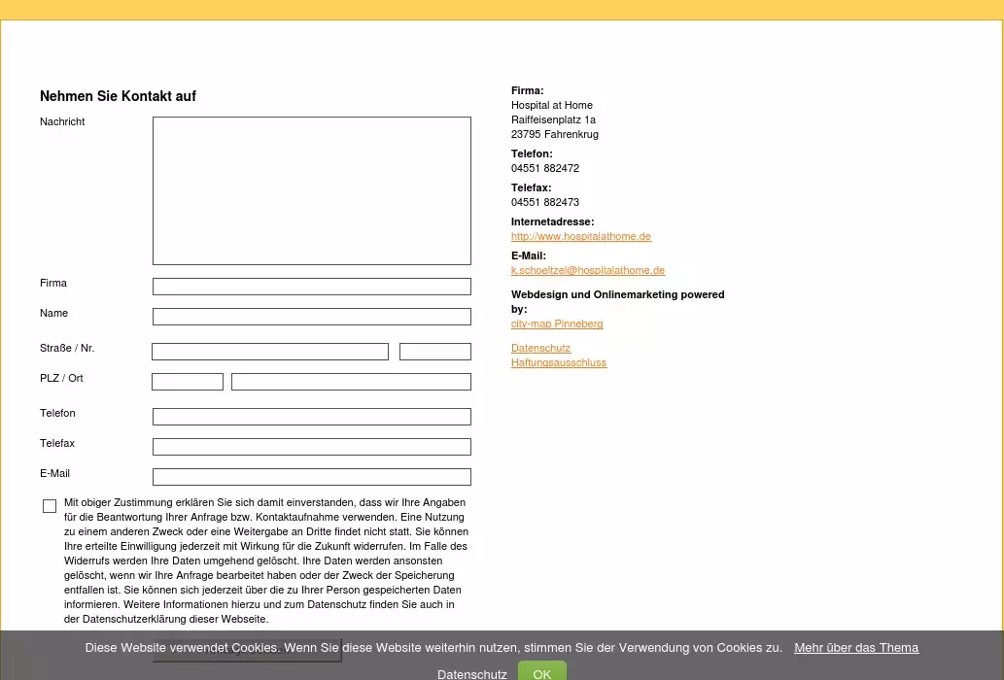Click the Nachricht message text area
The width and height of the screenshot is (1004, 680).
tap(311, 190)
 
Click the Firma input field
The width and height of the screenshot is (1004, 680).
tap(311, 287)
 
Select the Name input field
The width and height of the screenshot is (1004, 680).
tap(311, 317)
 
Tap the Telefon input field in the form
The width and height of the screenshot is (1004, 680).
tap(311, 417)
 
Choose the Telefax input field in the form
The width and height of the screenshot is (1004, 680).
tap(311, 447)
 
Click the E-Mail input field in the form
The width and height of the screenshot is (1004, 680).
tap(311, 477)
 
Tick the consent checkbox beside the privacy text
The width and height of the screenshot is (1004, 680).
tap(50, 506)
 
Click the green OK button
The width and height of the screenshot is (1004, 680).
tap(541, 673)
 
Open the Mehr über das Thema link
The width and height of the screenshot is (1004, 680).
tap(855, 648)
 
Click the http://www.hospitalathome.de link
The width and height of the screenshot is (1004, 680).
tap(580, 237)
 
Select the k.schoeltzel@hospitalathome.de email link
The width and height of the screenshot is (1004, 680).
tap(587, 271)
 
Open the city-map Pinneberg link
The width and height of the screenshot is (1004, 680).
tap(557, 324)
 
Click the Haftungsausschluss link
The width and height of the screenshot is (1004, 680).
tap(558, 363)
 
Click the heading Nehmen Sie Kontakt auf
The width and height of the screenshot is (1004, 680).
tap(118, 96)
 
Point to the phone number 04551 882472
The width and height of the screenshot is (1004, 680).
tap(544, 168)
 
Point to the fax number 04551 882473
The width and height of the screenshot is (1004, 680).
tap(544, 202)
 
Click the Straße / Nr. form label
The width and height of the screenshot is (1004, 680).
tap(67, 348)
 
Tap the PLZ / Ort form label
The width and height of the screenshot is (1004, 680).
tap(61, 378)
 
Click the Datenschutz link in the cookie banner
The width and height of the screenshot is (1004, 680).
tap(471, 674)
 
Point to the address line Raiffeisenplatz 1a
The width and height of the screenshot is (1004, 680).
tap(553, 119)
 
